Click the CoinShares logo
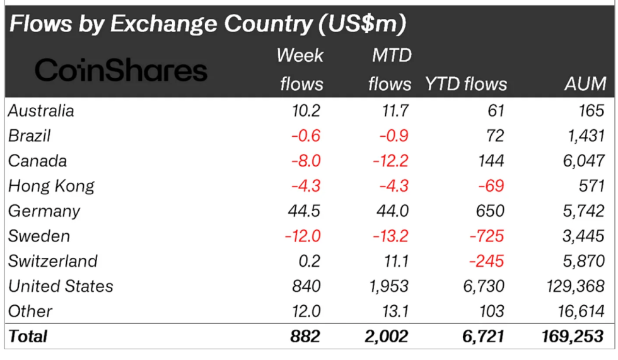tap(120, 70)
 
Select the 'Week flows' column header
tap(300, 69)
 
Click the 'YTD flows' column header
tap(466, 84)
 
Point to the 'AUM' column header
tap(586, 84)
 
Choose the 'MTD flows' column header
tap(390, 69)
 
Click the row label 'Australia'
tap(41, 111)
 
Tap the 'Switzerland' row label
tap(53, 261)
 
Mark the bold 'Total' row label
tap(28, 337)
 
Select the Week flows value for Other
tap(306, 311)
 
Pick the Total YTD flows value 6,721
tap(483, 337)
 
